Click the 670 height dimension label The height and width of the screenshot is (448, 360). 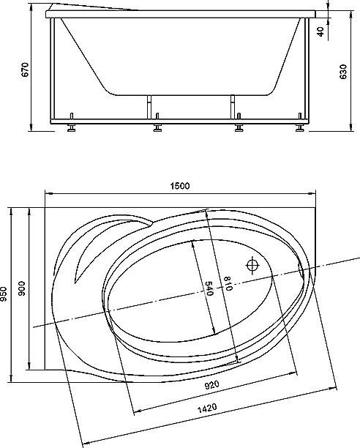(25, 70)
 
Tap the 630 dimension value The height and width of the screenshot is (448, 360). (343, 72)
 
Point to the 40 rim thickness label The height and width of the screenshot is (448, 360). (320, 31)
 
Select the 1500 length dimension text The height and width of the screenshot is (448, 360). (180, 186)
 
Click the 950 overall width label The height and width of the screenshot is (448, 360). (4, 294)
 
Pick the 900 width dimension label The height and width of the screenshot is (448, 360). (22, 288)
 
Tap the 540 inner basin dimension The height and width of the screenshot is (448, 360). (209, 288)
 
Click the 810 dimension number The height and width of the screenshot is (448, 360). (228, 283)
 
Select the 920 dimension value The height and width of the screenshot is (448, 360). (212, 385)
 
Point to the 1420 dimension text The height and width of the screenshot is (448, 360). (207, 408)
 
